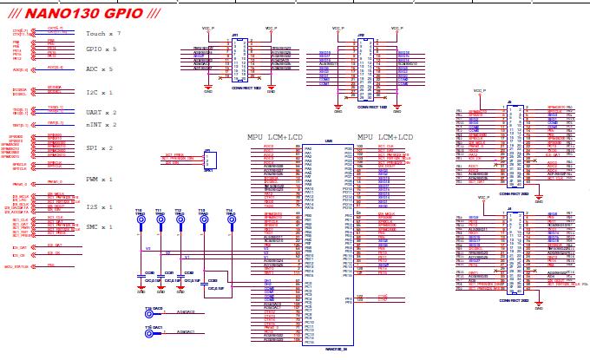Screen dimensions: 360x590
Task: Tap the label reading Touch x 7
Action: [103, 32]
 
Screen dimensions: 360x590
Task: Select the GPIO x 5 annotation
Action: [102, 49]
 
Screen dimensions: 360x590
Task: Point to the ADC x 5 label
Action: [100, 68]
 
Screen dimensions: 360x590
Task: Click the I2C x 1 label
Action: [100, 92]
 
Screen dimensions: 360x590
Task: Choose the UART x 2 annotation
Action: [102, 113]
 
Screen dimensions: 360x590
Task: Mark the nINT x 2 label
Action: [102, 125]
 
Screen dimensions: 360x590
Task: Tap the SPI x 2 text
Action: [100, 148]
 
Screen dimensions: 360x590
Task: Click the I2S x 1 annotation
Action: [100, 206]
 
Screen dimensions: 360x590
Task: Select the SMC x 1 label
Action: [100, 226]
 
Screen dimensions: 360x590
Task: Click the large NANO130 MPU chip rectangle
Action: [328, 243]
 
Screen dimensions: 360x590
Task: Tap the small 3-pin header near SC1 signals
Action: [209, 161]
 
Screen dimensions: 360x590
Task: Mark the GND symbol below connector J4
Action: [539, 304]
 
